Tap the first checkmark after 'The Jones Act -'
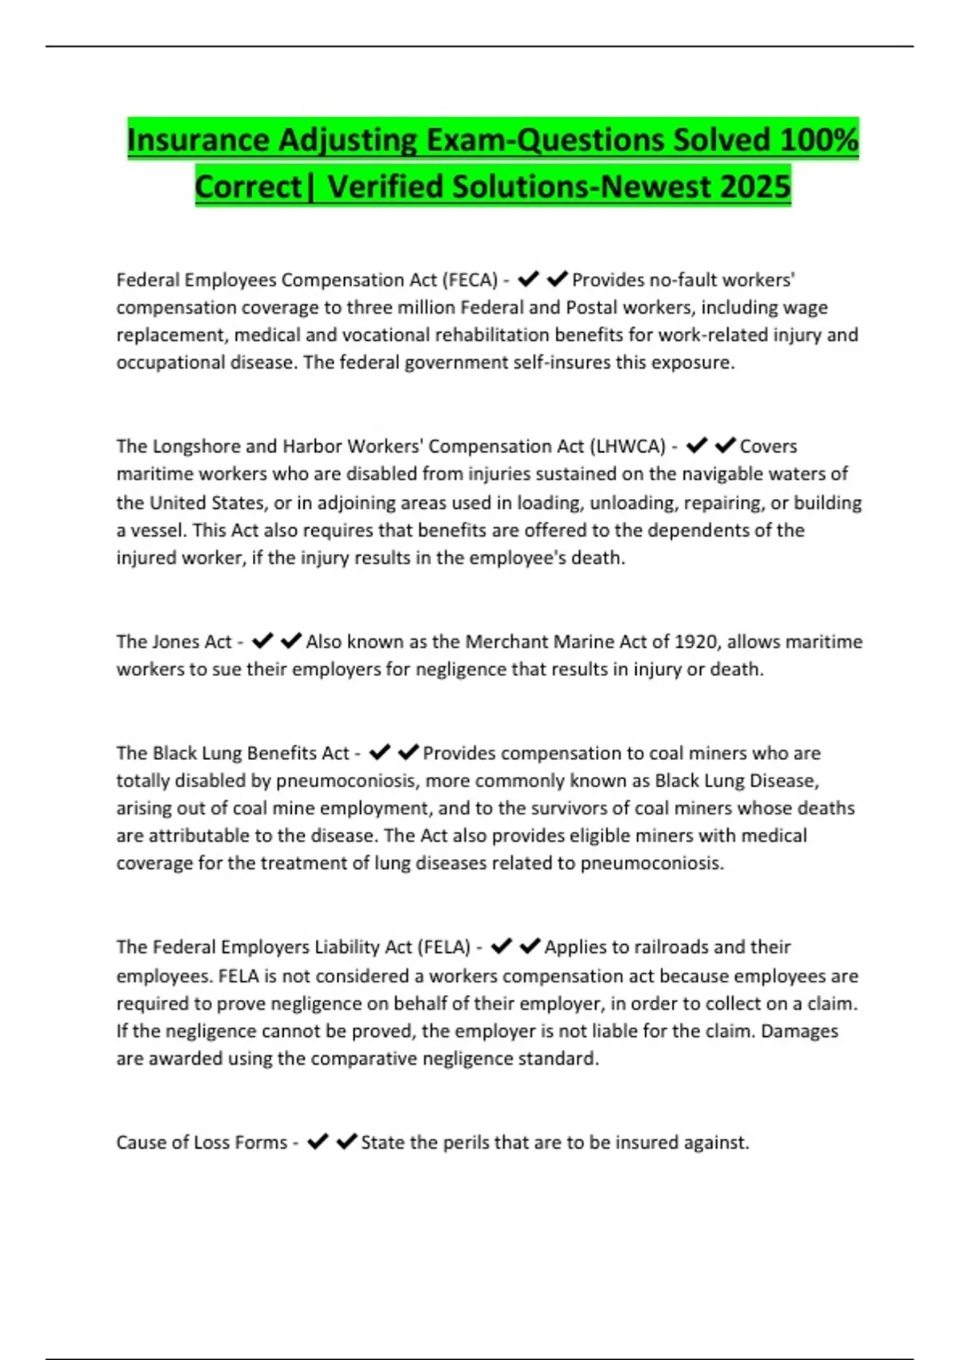point(262,641)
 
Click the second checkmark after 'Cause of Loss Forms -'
point(346,1142)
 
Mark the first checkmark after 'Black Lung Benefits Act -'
point(379,752)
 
